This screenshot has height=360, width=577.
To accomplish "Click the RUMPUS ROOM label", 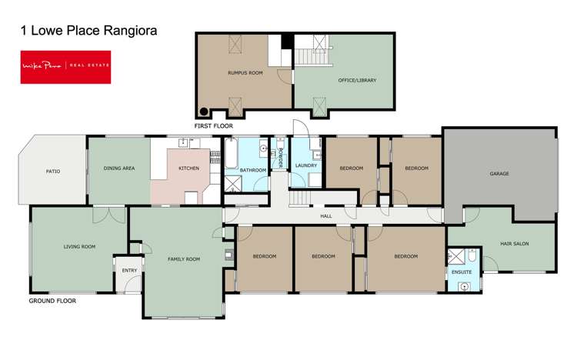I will tap(245, 74).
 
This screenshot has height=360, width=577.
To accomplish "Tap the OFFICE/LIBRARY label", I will tap(357, 80).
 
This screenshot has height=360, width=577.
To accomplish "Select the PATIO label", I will tap(53, 171).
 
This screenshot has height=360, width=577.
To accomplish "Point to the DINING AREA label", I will tap(119, 168).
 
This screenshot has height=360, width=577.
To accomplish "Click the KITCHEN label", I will tap(189, 168).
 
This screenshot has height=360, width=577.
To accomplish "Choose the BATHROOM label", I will tap(253, 170).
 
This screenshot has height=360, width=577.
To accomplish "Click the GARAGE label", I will tap(499, 174).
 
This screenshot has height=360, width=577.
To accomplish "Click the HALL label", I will tap(326, 217).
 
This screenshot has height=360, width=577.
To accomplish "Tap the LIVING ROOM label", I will tap(79, 247).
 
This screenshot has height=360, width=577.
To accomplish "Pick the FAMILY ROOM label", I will tap(184, 259).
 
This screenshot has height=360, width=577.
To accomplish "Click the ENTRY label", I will tap(128, 270).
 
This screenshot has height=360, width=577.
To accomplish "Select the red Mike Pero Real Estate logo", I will tap(65, 66).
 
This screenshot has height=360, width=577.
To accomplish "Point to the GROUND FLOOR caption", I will tap(52, 302).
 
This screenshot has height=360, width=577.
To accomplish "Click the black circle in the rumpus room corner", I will tap(205, 110).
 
